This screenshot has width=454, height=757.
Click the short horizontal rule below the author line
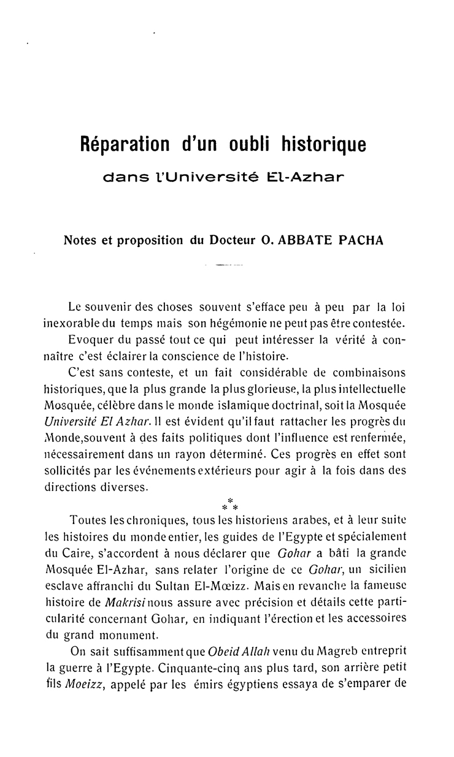pyautogui.click(x=226, y=266)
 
